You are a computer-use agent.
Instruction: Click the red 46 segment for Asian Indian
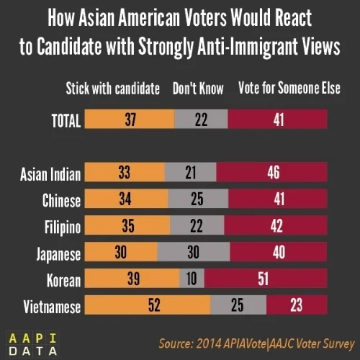(x=273, y=173)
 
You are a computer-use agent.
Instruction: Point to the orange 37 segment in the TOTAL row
(x=130, y=120)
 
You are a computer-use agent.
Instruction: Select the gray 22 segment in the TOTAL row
(x=201, y=120)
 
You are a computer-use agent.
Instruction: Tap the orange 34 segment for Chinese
(x=127, y=199)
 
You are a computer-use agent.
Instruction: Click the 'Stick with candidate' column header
(x=112, y=89)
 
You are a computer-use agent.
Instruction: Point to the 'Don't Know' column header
(x=198, y=89)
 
